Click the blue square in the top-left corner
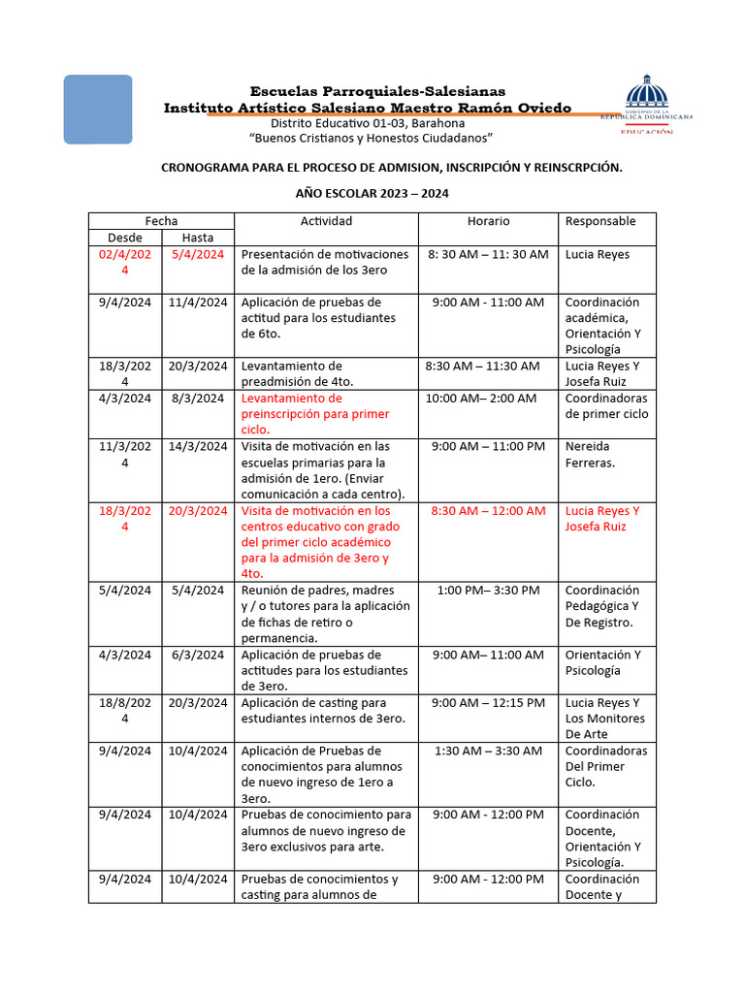pyautogui.click(x=97, y=110)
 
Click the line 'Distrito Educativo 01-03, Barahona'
pyautogui.click(x=367, y=123)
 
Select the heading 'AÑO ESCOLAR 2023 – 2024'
pyautogui.click(x=372, y=194)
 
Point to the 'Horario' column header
pyautogui.click(x=488, y=221)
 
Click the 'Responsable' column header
pyautogui.click(x=600, y=221)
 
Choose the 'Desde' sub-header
pyautogui.click(x=124, y=238)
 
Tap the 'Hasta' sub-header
pyautogui.click(x=198, y=238)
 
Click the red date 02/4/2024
pyautogui.click(x=124, y=262)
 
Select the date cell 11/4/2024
pyautogui.click(x=198, y=303)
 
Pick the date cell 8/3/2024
pyautogui.click(x=198, y=399)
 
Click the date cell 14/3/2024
pyautogui.click(x=198, y=447)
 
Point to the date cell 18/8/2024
pyautogui.click(x=124, y=710)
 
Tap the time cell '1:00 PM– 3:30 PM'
pyautogui.click(x=488, y=591)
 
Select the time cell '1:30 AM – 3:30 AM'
pyautogui.click(x=488, y=752)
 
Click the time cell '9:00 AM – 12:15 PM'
pyautogui.click(x=488, y=703)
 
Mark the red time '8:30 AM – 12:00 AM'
pyautogui.click(x=488, y=511)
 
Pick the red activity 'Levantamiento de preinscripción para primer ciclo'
pyautogui.click(x=315, y=414)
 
